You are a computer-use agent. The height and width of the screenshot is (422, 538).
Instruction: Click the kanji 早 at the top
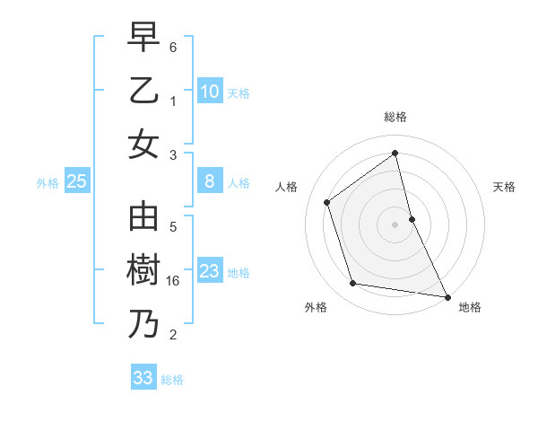point(143,39)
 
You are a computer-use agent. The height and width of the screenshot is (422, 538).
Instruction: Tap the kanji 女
point(143,144)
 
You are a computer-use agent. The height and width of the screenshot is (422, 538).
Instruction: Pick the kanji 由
point(143,218)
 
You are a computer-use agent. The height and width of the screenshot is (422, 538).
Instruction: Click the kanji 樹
point(143,271)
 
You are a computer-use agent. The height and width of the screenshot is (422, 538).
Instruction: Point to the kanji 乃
point(143,323)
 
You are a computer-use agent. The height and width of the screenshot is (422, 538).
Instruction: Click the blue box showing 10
point(209,92)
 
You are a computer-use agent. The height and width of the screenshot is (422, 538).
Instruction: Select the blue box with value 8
point(209,181)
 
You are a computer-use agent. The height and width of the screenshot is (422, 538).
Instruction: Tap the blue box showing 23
point(209,271)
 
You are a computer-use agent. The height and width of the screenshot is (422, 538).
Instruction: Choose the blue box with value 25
point(76,181)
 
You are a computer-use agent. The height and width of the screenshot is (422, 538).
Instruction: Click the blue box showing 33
point(143,378)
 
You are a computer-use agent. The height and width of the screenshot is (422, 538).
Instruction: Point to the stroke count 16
point(175,281)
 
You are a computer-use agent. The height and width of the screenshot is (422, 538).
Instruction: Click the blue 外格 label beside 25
point(48,183)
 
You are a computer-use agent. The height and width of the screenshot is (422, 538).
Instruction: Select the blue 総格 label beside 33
point(172,380)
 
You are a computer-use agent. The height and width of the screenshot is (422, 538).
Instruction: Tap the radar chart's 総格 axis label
point(395,117)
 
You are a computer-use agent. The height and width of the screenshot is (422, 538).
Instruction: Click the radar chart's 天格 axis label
point(504,187)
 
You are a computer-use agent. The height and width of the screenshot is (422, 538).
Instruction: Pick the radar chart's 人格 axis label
point(286,187)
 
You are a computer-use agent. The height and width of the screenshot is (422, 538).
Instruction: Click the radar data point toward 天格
point(412,218)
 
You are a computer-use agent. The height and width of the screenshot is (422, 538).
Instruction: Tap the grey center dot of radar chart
point(395,224)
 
